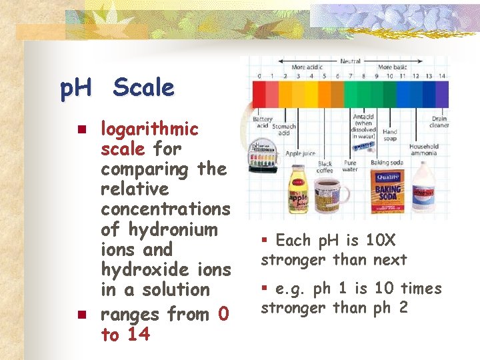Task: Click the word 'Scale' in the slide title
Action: point(143,88)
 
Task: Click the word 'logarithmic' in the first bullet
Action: point(149,129)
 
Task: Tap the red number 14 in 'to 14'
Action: point(138,335)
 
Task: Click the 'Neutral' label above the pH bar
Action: point(351,61)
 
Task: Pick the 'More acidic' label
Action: point(307,67)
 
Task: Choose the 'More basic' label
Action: point(393,67)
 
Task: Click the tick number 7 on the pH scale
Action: point(351,76)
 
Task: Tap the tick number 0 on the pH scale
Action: point(259,76)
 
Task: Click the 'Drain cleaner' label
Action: point(439,122)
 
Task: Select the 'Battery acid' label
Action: point(262,123)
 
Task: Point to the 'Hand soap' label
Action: point(389,135)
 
